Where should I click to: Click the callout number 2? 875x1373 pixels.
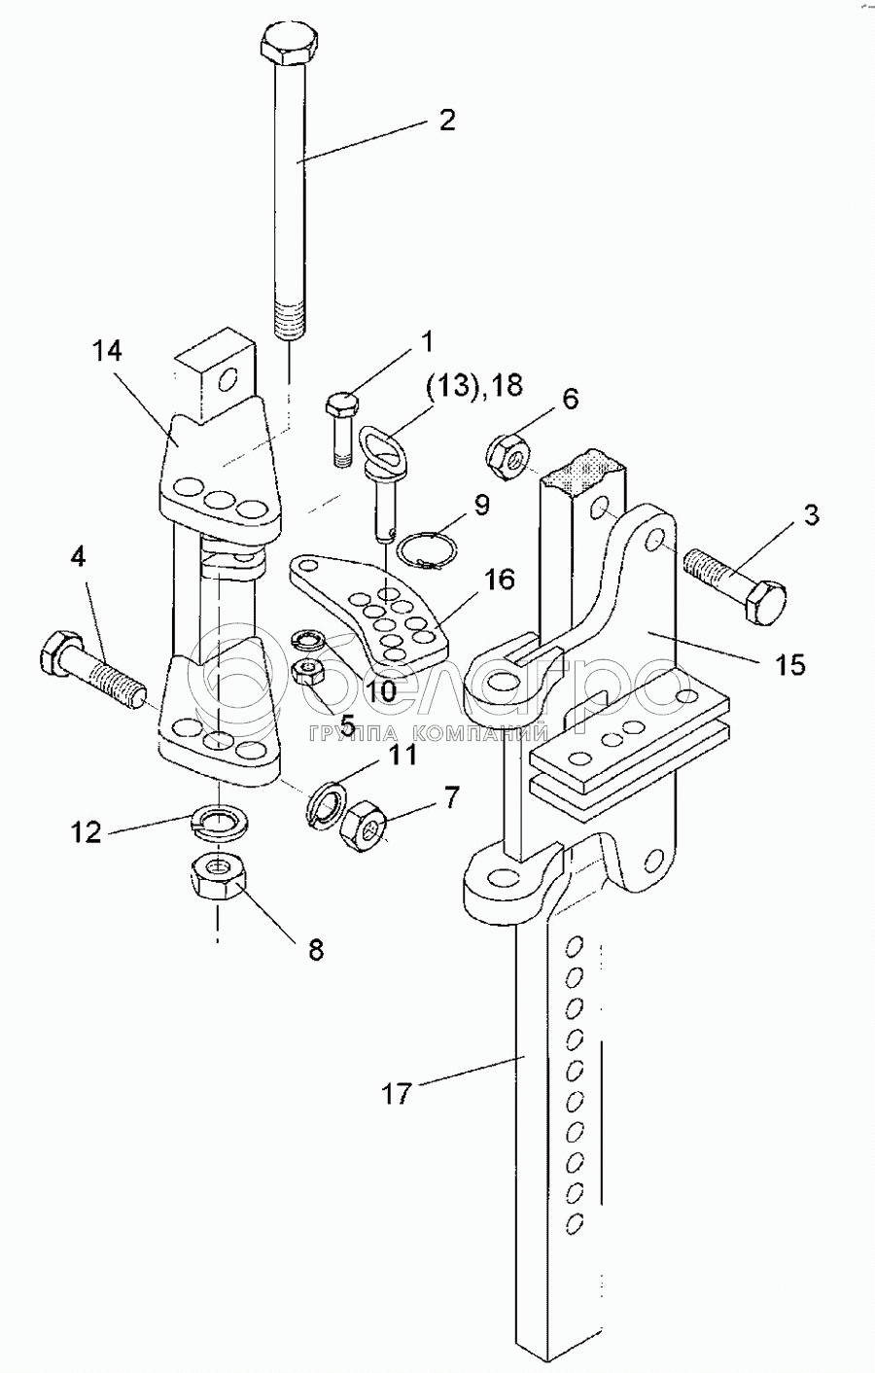tap(446, 121)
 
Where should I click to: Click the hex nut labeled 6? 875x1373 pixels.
tap(507, 452)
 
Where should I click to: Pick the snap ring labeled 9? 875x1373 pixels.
tap(425, 549)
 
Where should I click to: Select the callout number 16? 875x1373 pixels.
tap(500, 581)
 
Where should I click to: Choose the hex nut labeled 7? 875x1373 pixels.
tap(363, 826)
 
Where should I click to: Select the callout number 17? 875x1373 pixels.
tap(397, 1094)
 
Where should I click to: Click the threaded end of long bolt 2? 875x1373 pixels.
tap(289, 320)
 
